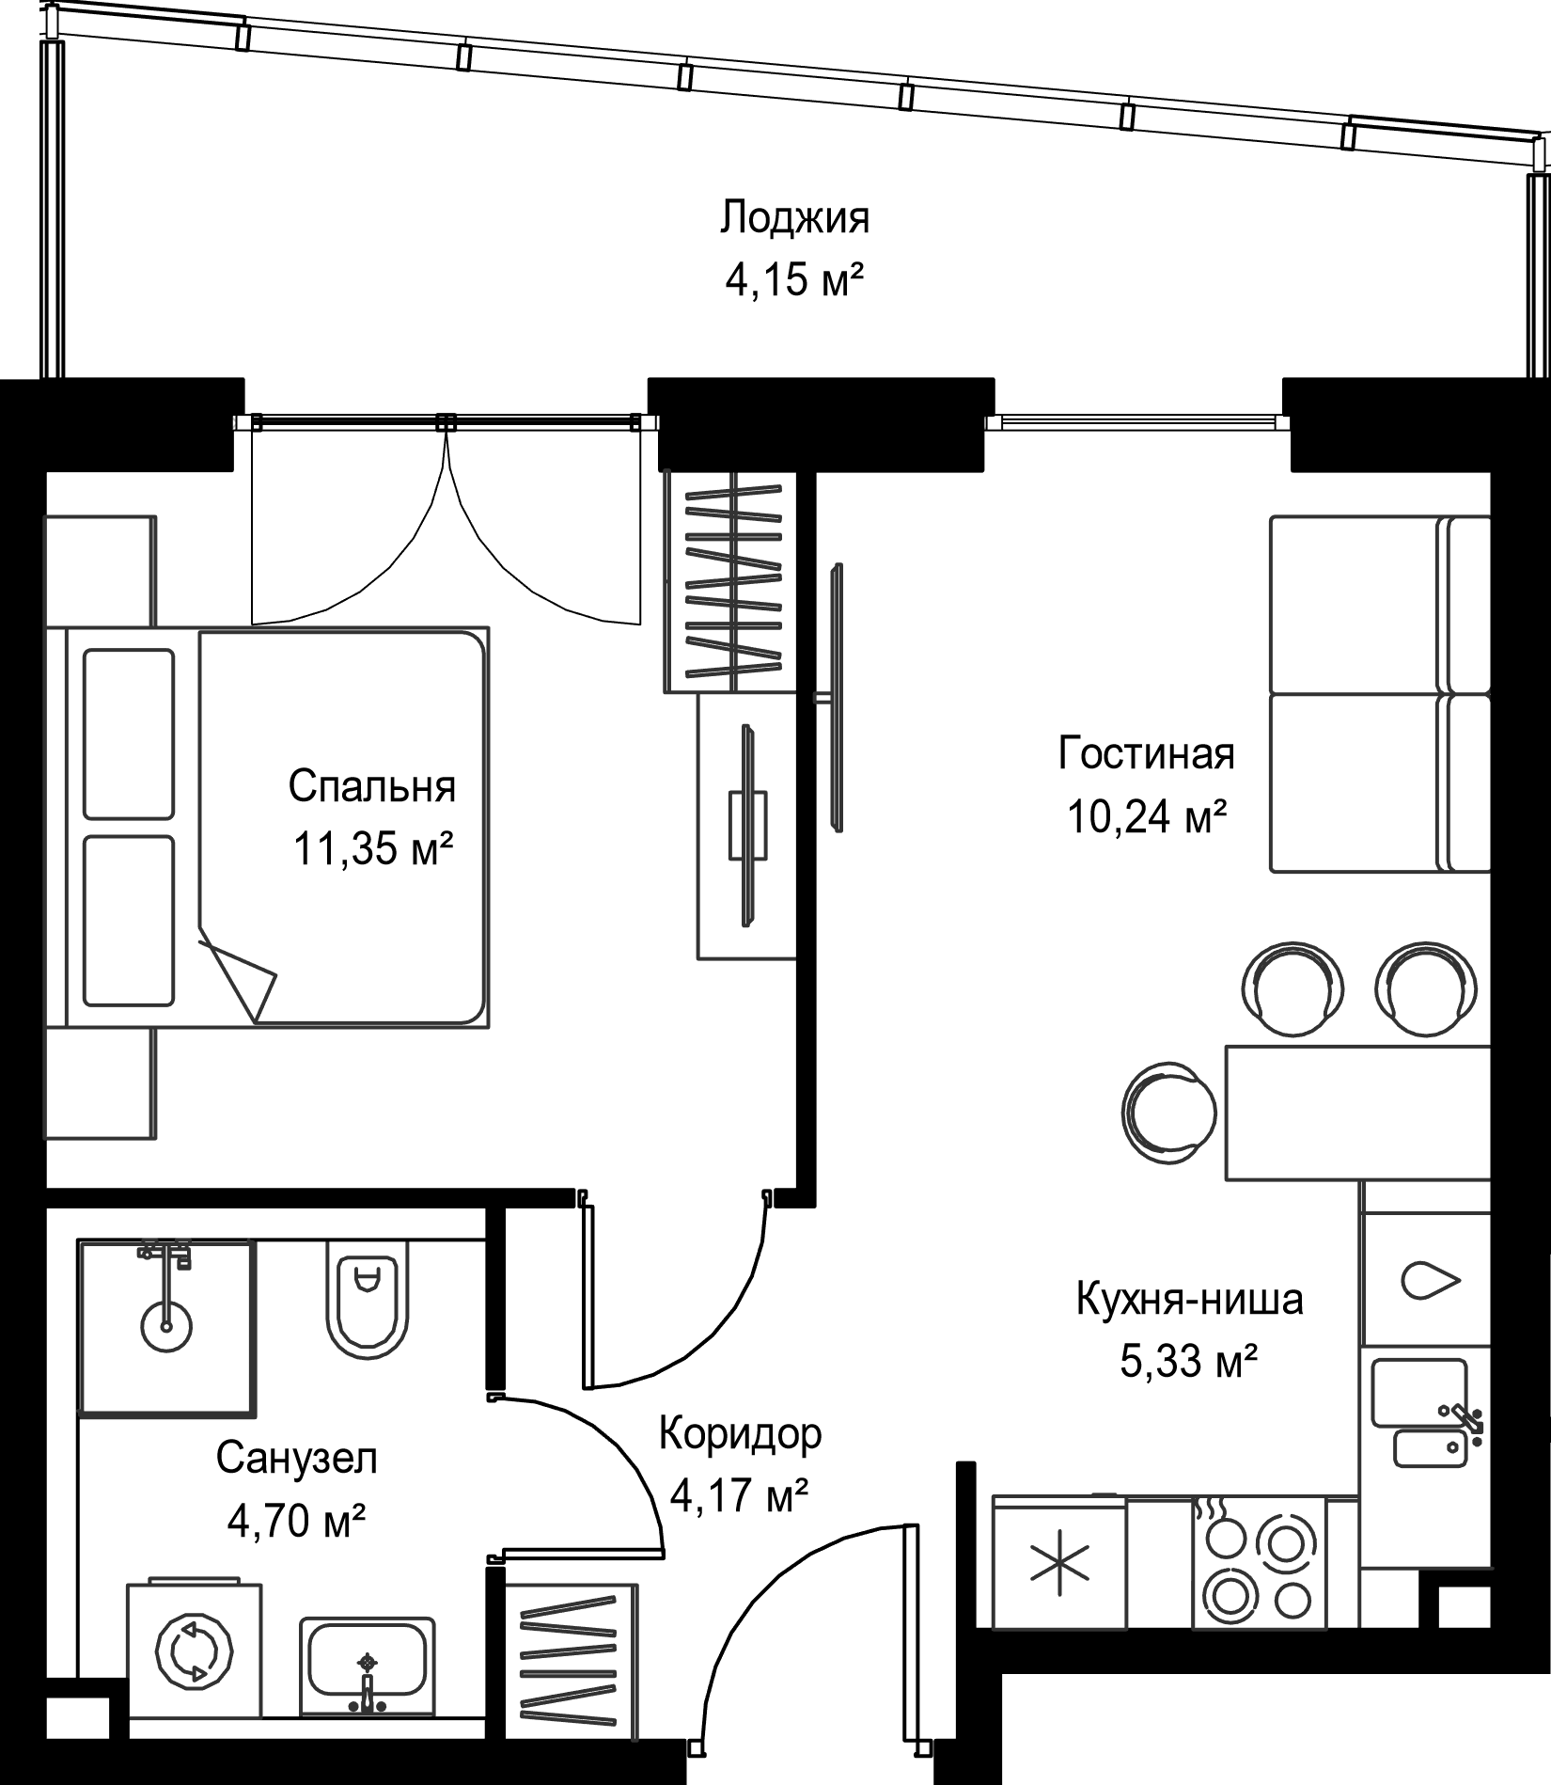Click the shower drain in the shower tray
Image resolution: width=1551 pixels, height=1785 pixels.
[166, 1326]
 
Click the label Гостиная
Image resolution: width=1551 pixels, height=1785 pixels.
[1146, 754]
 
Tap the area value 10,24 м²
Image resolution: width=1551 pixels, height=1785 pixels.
[1146, 816]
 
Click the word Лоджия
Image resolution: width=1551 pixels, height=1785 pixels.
[795, 218]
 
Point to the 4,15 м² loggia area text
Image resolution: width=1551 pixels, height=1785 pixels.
[795, 280]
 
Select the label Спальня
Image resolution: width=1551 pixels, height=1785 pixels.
[372, 786]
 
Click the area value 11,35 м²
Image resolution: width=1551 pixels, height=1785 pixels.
[373, 849]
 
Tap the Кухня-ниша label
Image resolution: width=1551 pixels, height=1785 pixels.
[1189, 1301]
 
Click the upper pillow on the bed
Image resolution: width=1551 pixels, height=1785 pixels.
[129, 734]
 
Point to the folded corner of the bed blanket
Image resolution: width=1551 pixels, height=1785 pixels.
[238, 978]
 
